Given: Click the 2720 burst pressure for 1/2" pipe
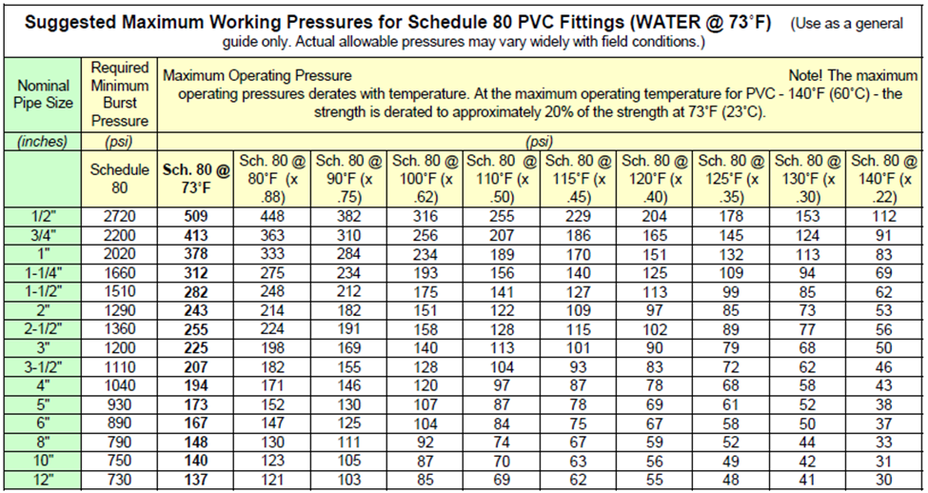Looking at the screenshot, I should coord(120,216).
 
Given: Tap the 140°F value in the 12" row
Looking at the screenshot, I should coord(883,481).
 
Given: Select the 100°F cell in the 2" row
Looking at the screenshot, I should coord(425,310).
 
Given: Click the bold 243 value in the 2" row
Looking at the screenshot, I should coord(196,310).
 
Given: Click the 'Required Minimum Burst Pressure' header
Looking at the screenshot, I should coord(120,94).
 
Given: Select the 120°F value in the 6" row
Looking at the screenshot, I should coord(655,424).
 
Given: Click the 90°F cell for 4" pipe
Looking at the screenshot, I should coord(348,386).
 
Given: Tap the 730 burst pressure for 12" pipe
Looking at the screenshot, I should coord(120,481).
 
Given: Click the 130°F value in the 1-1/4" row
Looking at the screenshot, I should coord(807,273).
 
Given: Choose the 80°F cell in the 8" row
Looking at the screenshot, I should coord(272,443).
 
